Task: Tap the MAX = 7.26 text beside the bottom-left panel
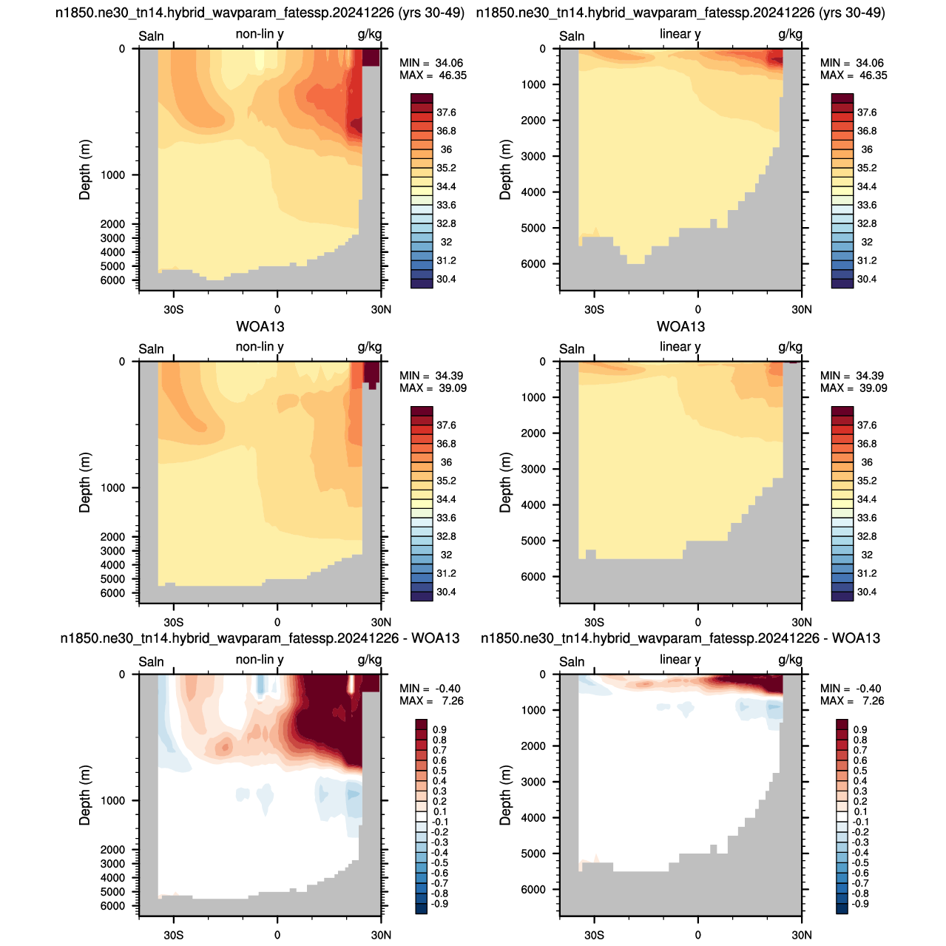[431, 701]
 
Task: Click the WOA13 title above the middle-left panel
[260, 326]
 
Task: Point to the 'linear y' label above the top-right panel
[680, 34]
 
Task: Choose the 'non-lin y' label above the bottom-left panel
[259, 659]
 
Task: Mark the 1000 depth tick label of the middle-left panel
[112, 487]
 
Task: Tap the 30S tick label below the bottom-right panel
[594, 935]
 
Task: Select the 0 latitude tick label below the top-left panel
[277, 310]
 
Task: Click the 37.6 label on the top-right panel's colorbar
[866, 112]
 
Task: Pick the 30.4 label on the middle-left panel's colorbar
[446, 592]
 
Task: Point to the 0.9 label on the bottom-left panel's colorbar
[439, 729]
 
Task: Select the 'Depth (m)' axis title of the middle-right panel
[505, 482]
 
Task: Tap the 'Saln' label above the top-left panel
[151, 36]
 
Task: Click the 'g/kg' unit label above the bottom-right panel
[790, 660]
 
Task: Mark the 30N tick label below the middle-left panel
[381, 623]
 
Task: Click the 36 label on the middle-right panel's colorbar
[866, 462]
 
